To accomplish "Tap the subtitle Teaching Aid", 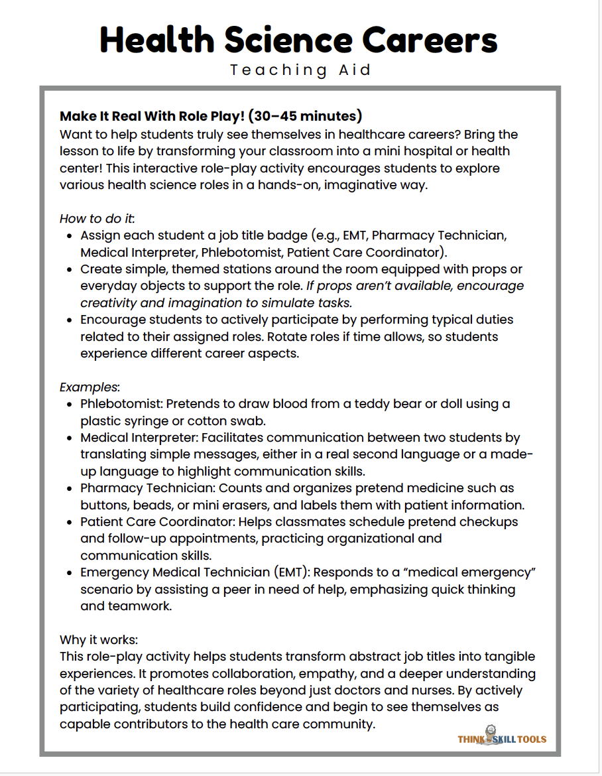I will (x=301, y=70).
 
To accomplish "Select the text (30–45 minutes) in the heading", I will (x=306, y=116).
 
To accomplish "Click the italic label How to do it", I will (x=97, y=218).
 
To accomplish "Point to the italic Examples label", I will (x=90, y=387).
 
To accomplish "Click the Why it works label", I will (x=98, y=640).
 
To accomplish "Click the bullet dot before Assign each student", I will (x=70, y=235).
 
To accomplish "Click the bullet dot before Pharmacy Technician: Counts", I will (x=70, y=488).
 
